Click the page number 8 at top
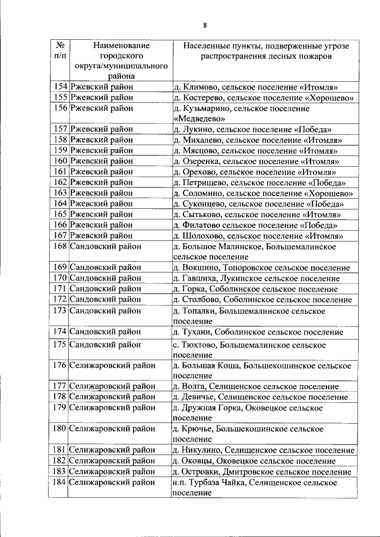click(x=204, y=25)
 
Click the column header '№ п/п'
click(x=59, y=50)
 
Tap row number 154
click(x=59, y=87)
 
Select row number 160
click(x=59, y=161)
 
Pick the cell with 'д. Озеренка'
click(x=256, y=161)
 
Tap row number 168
click(x=59, y=246)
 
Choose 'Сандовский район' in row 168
click(x=106, y=246)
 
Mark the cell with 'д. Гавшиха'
click(x=256, y=278)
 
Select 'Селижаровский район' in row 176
click(x=112, y=366)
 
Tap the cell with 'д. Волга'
click(x=255, y=386)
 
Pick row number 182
click(x=59, y=461)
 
